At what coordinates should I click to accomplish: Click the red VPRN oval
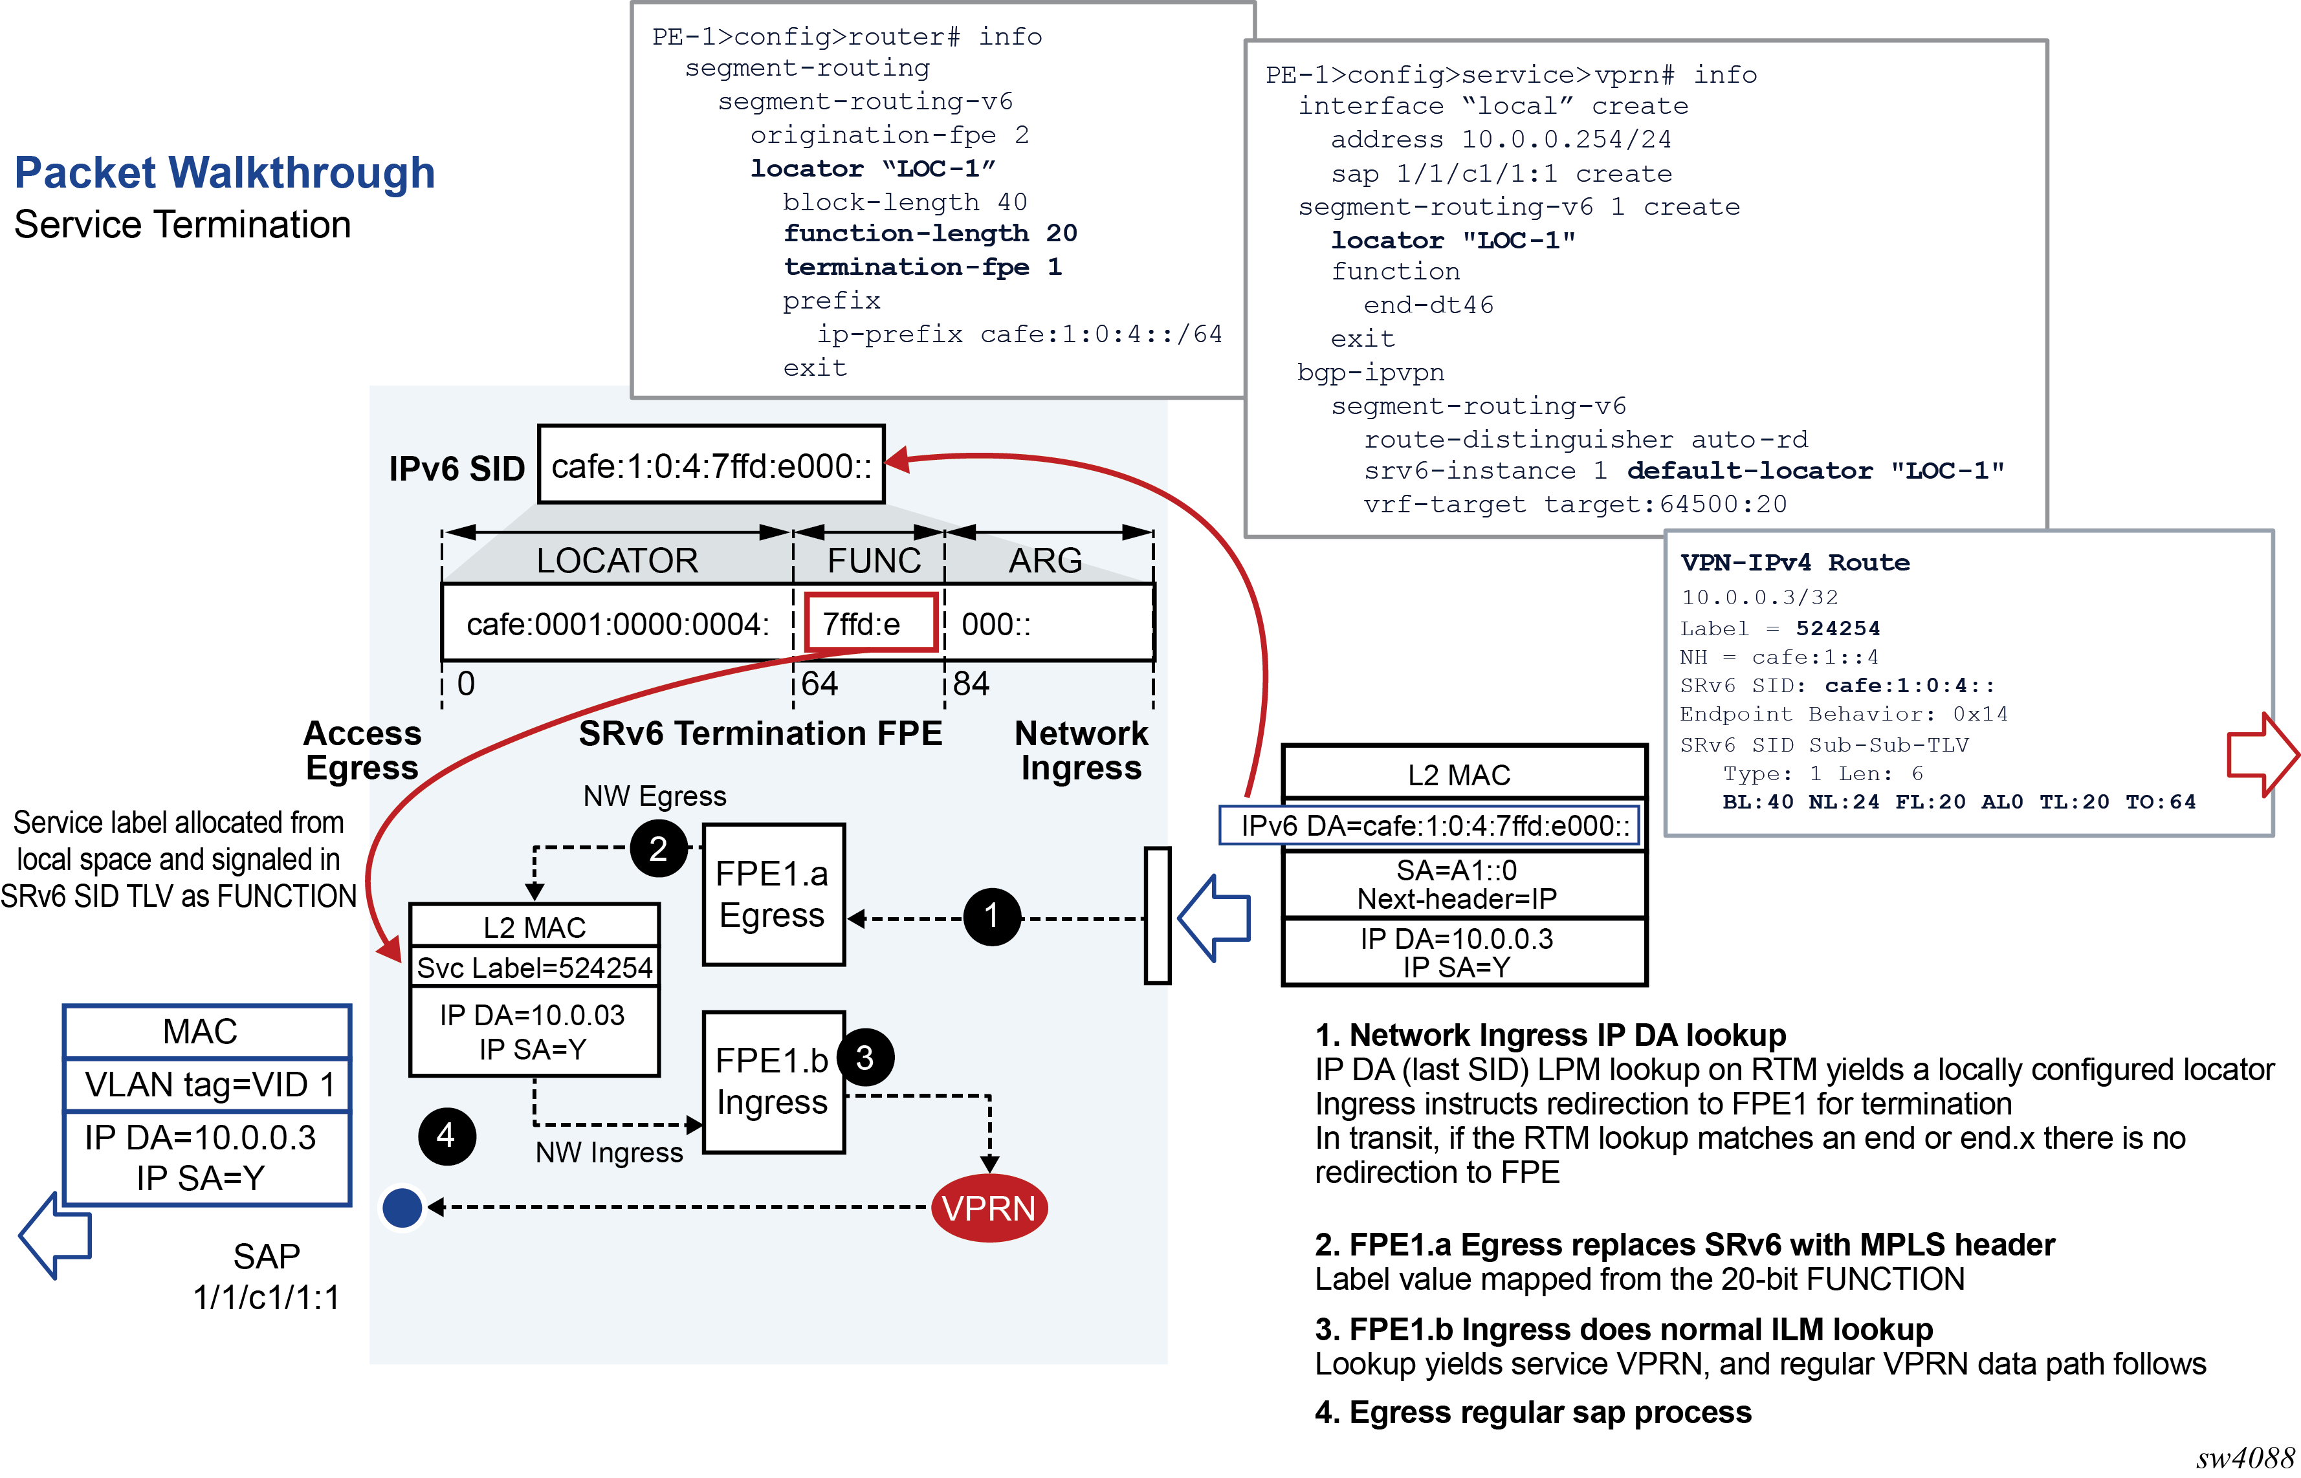[989, 1208]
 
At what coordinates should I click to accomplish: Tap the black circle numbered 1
[991, 917]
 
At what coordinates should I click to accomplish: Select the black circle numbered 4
[446, 1136]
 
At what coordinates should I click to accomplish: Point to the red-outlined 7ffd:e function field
[870, 624]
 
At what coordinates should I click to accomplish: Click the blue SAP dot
[402, 1208]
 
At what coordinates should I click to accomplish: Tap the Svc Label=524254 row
[534, 968]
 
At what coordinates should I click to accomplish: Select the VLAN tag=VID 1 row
[207, 1085]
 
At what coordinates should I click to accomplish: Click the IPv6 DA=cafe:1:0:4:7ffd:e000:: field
[1433, 825]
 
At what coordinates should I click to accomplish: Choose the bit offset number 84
[971, 683]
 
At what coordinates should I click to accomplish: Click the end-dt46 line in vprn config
[1427, 305]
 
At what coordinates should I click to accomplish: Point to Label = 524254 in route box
[1779, 629]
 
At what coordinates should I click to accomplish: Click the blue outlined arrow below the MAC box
[56, 1235]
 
